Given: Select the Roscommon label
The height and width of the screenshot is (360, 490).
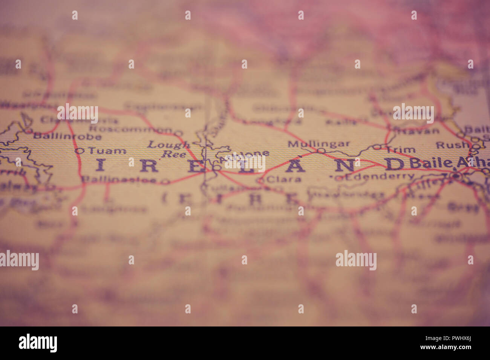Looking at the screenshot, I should (130, 129).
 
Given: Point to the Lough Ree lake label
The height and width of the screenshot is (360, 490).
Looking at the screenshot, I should (168, 149).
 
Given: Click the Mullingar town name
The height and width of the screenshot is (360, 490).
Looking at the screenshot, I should (319, 144).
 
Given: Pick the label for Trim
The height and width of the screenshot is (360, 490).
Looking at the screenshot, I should (400, 150).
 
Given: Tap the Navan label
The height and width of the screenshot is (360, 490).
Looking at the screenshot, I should (419, 131).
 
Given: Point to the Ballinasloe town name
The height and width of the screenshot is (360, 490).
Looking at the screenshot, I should (119, 180).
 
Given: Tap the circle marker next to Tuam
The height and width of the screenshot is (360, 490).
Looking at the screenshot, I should (78, 151).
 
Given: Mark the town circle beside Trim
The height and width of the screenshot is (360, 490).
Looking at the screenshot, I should (377, 147).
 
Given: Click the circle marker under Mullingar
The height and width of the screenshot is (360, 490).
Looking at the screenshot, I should (320, 151).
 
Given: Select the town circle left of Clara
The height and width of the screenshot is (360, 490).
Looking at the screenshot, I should (260, 180).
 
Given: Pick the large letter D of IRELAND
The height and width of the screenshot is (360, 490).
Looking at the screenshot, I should (394, 164).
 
